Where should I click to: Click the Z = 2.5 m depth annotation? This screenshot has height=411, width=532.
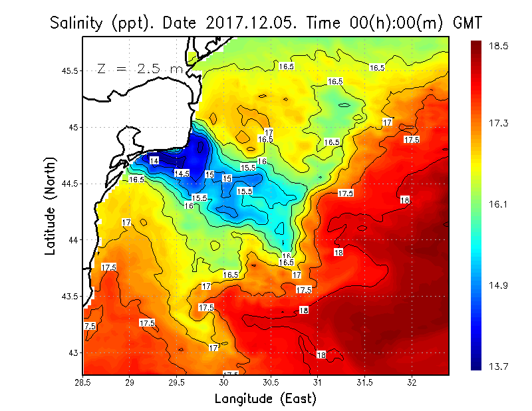[x=140, y=68]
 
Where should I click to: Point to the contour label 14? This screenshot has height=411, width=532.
[x=154, y=161]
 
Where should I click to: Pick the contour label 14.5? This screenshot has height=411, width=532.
[x=182, y=174]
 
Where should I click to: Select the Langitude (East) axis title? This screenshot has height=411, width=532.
[x=265, y=399]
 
